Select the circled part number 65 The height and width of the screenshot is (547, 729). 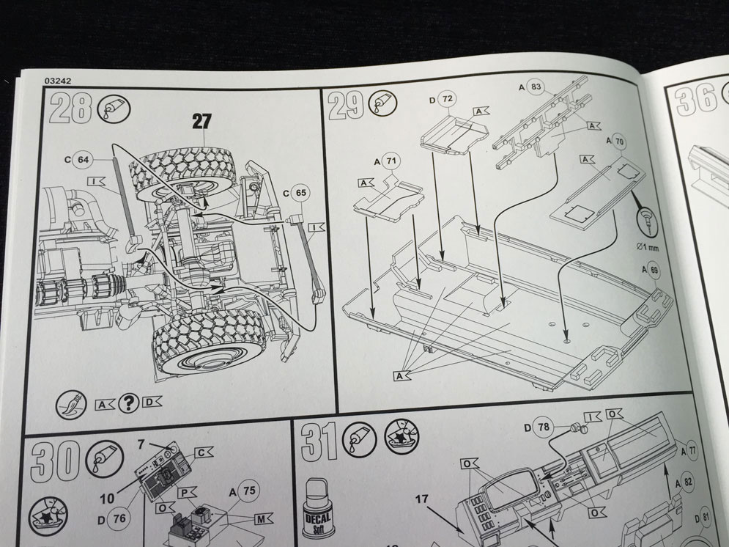coord(300,193)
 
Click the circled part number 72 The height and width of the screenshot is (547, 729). coord(448,98)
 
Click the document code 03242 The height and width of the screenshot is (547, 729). coord(56,82)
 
